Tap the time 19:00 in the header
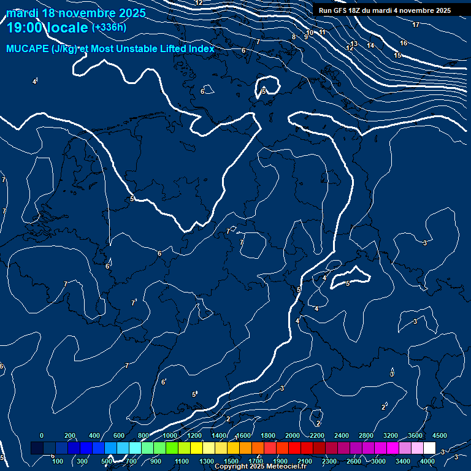[x=27, y=28]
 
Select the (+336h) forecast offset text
[x=109, y=27]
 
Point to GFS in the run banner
[x=339, y=10]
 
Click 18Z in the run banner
[x=355, y=10]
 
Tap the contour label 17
[x=416, y=25]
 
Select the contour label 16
[x=403, y=43]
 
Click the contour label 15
[x=397, y=55]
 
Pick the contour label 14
[x=370, y=45]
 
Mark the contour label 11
[x=322, y=32]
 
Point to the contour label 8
[x=293, y=37]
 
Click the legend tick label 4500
[x=440, y=435]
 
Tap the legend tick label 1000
[x=170, y=435]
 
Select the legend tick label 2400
[x=342, y=435]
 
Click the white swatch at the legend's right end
[x=429, y=448]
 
